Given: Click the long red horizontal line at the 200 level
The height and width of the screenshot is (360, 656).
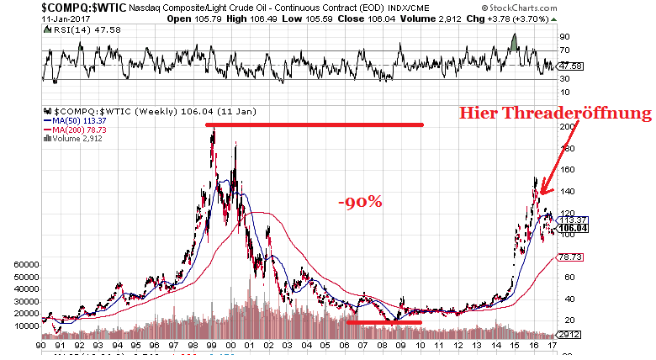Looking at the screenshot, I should (315, 125).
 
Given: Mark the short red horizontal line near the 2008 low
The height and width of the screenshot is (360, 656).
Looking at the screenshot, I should (384, 322).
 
